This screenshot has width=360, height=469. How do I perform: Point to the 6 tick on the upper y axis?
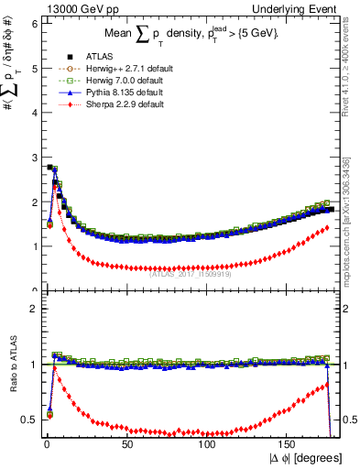pyautogui.click(x=33, y=24)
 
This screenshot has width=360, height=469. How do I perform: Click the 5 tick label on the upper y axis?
pyautogui.click(x=33, y=69)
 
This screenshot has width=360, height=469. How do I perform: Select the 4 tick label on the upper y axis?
pyautogui.click(x=33, y=113)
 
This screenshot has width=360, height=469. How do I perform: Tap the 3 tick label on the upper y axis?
pyautogui.click(x=33, y=158)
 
